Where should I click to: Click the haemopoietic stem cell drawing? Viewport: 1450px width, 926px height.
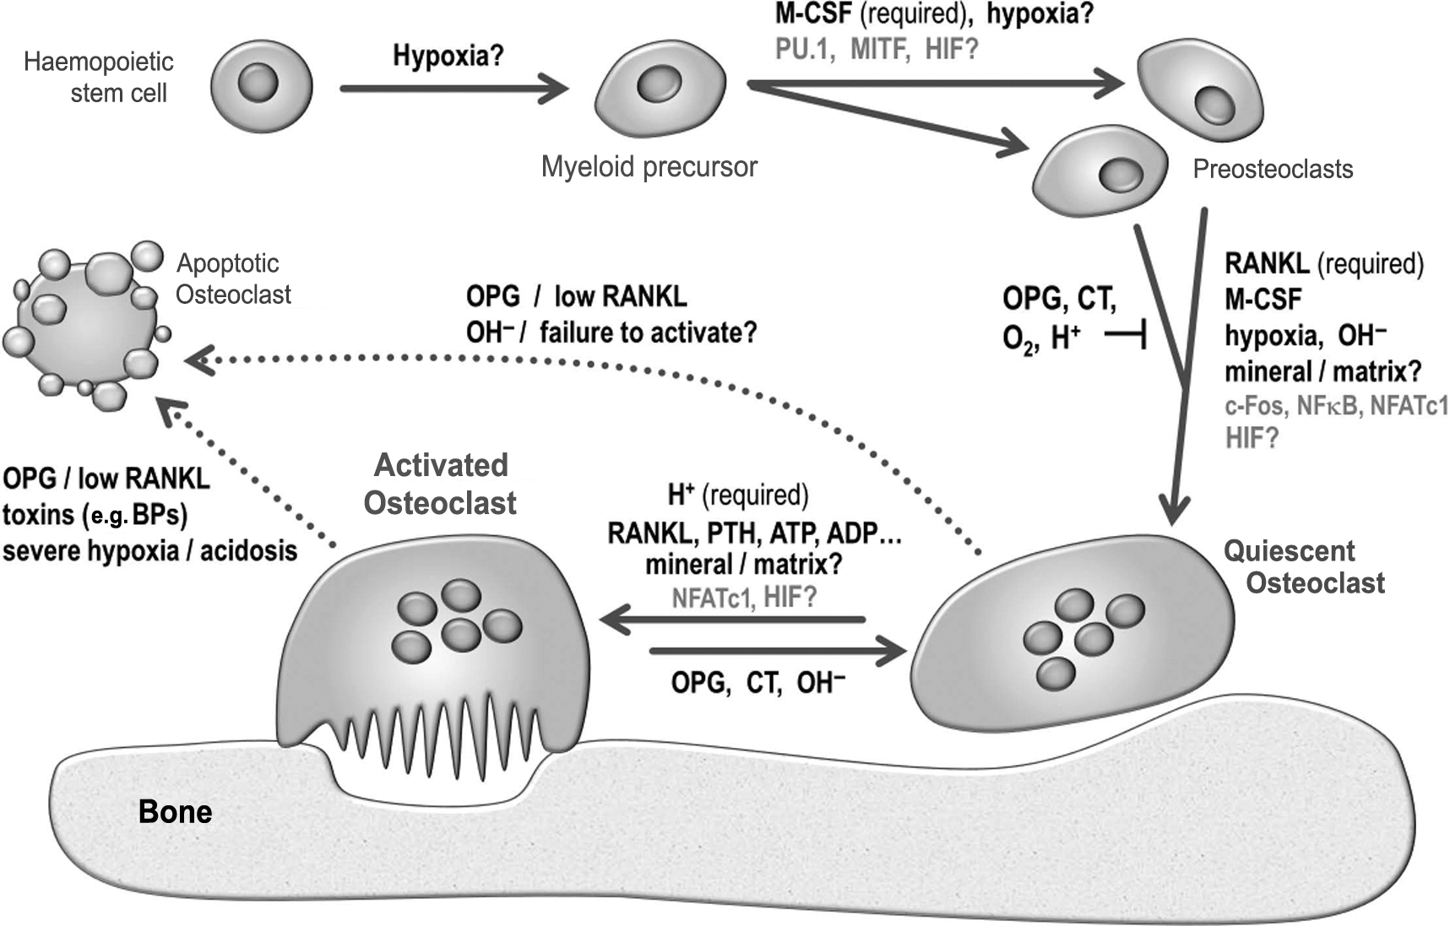261,86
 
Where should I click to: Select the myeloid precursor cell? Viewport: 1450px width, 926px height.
660,88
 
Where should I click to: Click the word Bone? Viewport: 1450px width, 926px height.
175,812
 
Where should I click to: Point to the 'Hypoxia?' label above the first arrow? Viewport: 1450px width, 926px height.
448,57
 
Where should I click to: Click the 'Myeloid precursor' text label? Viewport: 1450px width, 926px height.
649,167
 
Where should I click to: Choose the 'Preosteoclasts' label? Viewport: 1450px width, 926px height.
1272,169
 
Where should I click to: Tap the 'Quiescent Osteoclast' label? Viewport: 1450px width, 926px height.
1303,567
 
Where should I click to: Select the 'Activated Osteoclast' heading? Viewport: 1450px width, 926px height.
440,484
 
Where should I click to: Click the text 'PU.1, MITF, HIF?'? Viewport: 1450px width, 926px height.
876,49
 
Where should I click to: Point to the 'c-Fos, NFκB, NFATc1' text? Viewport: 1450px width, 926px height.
1335,406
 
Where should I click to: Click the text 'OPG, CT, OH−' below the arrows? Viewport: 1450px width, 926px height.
758,682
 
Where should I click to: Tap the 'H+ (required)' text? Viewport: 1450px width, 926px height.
738,495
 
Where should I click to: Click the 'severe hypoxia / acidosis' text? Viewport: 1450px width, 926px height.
149,551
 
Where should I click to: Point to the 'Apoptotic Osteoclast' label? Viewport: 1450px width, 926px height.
232,279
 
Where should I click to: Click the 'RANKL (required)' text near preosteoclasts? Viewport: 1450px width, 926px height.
1323,264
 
